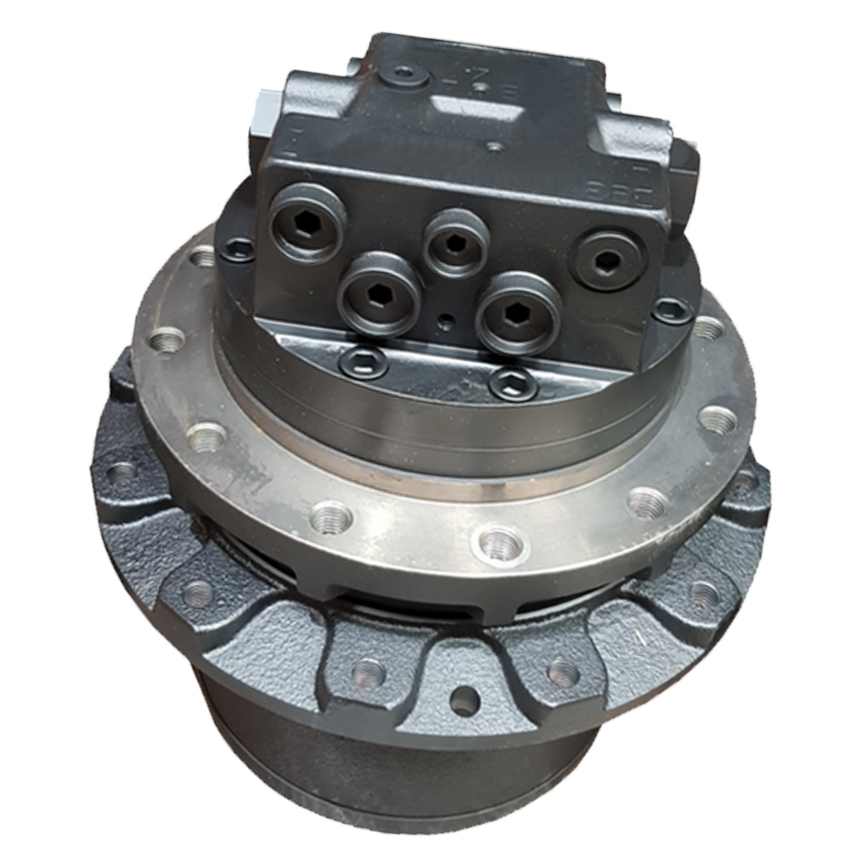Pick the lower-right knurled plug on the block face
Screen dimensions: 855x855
click(x=519, y=313)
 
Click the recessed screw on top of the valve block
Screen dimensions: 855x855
click(x=405, y=73)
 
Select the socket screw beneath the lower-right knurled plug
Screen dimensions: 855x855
click(x=513, y=385)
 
